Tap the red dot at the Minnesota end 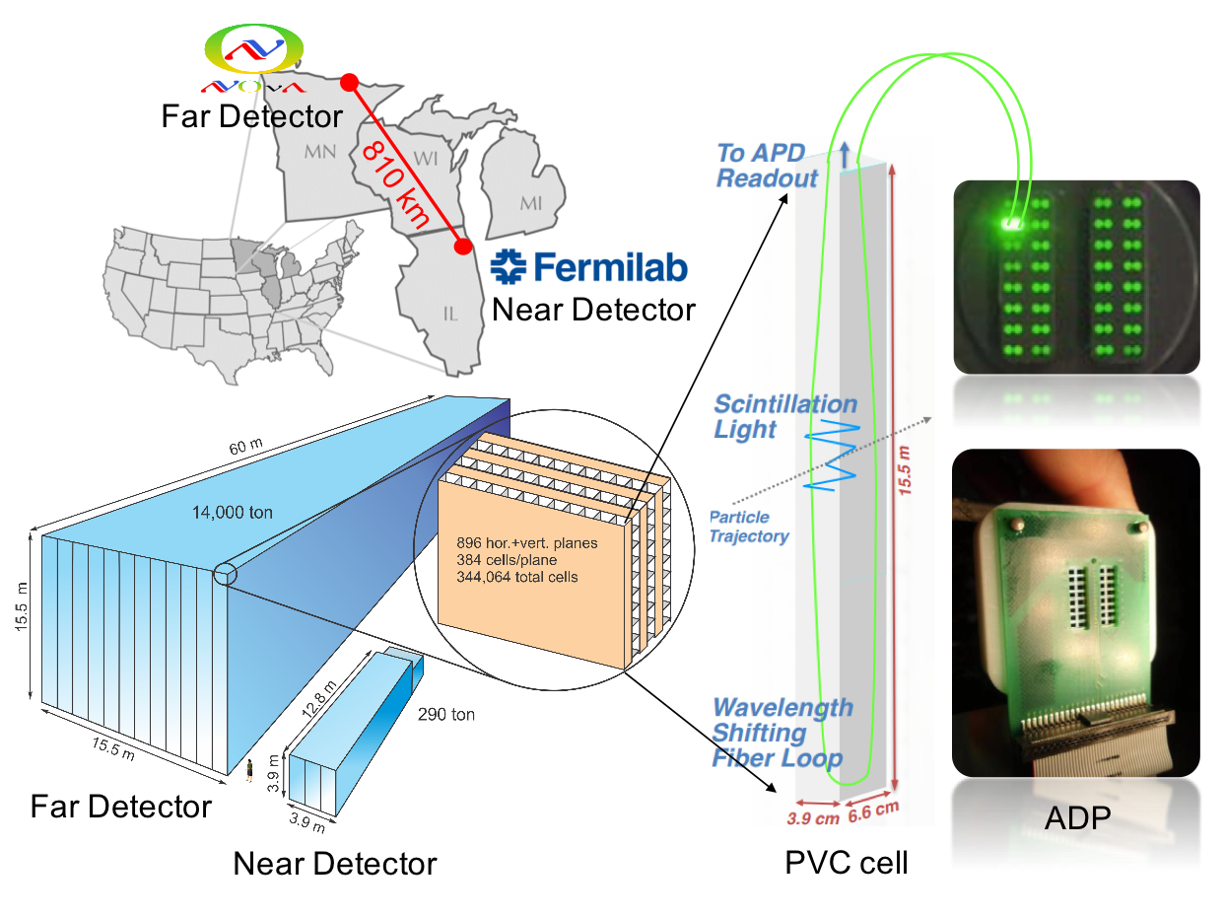[x=348, y=84]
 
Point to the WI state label [x=425, y=158]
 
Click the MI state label [x=530, y=203]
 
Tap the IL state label [x=450, y=315]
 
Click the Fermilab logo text [x=589, y=266]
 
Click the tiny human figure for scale [x=250, y=769]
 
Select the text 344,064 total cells [x=516, y=577]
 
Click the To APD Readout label [x=767, y=166]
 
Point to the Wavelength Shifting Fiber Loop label [x=782, y=734]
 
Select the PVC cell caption [x=846, y=863]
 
